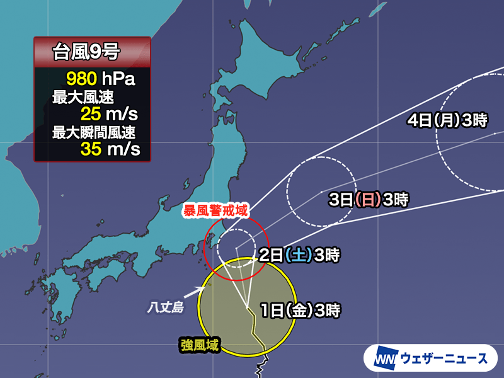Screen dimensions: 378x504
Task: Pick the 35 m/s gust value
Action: [x=109, y=149]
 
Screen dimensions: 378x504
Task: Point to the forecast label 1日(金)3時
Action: [x=301, y=310]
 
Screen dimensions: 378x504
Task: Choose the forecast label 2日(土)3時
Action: [x=300, y=256]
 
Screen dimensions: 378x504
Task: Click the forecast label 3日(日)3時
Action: [x=369, y=200]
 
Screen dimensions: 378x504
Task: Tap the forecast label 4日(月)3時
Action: [x=447, y=122]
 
